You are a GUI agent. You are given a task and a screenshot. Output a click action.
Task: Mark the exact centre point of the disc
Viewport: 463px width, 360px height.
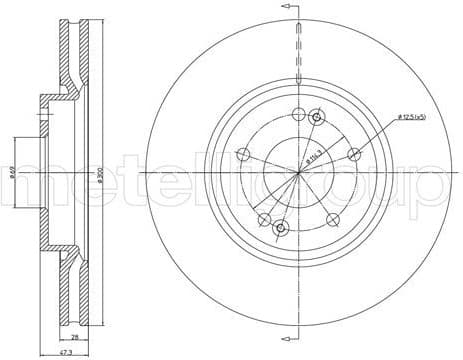coord(298,173)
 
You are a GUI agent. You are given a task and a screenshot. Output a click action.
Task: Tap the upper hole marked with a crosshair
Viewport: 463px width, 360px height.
coord(317,118)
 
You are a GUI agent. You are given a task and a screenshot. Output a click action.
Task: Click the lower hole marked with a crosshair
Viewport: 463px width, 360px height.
coord(281,228)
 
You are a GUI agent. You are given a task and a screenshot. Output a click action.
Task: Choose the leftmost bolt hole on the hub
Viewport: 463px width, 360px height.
coord(241,155)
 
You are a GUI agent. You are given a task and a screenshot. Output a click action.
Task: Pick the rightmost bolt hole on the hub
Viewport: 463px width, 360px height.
coord(354,154)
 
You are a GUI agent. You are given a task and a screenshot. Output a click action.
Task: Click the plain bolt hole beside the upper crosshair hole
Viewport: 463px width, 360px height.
coord(298,113)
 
